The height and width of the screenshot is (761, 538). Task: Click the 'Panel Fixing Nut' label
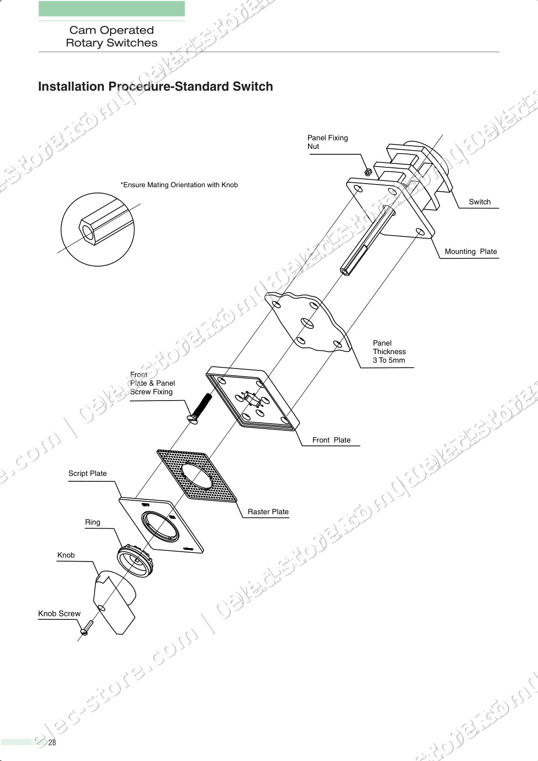point(327,142)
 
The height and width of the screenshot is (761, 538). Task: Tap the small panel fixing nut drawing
point(368,172)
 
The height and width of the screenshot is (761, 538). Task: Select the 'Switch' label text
point(479,202)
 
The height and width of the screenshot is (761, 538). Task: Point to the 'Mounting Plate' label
point(470,252)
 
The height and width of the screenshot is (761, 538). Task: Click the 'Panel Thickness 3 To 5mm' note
point(389,351)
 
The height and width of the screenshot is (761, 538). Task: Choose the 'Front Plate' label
point(331,440)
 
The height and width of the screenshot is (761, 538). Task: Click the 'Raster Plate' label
point(268,512)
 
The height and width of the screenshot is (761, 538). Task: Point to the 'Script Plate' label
point(87,473)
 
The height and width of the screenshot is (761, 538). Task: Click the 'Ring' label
point(92,522)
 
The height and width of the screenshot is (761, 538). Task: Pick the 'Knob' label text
point(66,555)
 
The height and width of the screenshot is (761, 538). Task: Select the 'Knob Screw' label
point(59,613)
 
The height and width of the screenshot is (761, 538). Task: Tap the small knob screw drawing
point(86,628)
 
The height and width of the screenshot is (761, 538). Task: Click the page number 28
point(52,743)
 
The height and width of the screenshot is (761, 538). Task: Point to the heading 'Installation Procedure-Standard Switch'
point(156,87)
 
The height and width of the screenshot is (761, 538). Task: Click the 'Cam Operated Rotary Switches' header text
point(111,37)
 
